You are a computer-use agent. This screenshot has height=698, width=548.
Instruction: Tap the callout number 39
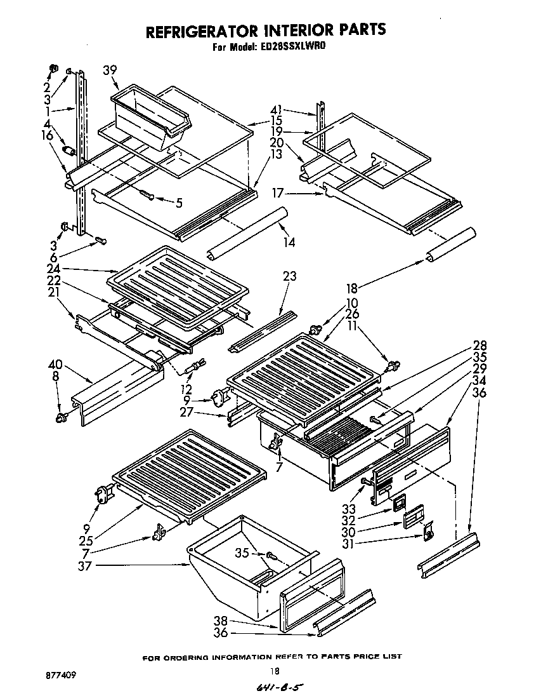coord(110,70)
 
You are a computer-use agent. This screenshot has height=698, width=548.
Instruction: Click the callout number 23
coord(290,276)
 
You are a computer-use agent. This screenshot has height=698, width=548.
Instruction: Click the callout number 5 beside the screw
coord(179,203)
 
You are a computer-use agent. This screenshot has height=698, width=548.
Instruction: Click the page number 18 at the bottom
coord(274,669)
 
